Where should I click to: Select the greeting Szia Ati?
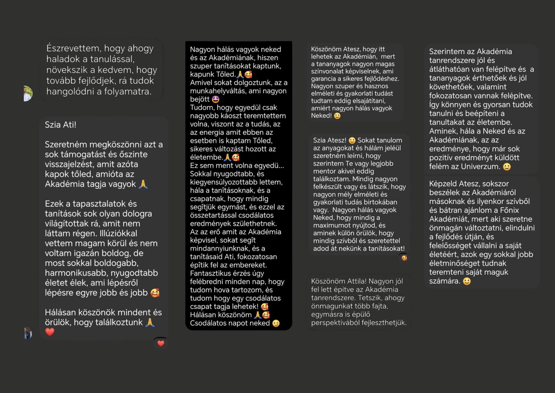(x=60, y=125)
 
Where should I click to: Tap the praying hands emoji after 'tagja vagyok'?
(x=143, y=184)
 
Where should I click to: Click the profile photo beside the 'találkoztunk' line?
(x=28, y=333)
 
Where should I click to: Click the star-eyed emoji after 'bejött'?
(x=215, y=99)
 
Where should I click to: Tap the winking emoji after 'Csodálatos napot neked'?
(x=276, y=323)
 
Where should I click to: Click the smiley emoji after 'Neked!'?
(x=337, y=116)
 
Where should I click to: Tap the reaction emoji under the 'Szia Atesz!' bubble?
(x=404, y=258)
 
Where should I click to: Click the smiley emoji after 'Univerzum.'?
(x=507, y=167)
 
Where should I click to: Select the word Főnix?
(x=509, y=210)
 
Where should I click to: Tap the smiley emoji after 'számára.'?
(x=467, y=281)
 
